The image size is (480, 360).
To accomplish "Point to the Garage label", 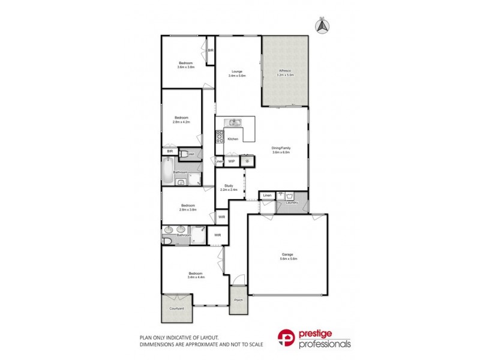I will pos(287,256).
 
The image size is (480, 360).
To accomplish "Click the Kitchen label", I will pos(233,139).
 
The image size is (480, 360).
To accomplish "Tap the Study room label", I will pos(229,187).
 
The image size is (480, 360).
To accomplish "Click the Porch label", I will pos(238,300).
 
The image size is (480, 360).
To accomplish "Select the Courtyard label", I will pos(176,308).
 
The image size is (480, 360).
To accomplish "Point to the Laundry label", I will pos(292,202).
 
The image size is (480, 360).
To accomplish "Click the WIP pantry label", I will pos(232,161).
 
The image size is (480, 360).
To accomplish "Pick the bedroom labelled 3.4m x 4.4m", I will pos(195,275).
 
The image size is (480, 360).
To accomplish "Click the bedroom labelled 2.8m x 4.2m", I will pos(181,119).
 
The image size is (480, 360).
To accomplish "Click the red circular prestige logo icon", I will pos(286,338).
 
